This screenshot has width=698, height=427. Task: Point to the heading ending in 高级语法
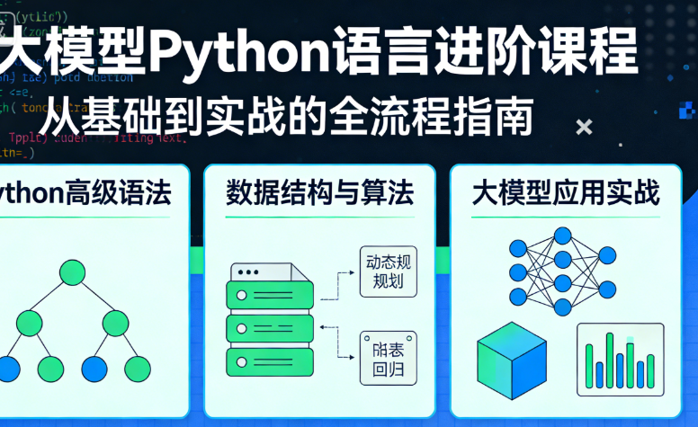click(85, 193)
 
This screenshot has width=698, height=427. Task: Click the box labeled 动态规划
click(389, 272)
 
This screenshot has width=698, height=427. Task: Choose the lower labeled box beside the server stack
click(389, 356)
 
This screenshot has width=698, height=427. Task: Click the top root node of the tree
click(73, 272)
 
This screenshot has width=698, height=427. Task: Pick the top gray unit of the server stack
click(271, 271)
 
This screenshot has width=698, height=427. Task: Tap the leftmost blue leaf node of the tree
click(7, 368)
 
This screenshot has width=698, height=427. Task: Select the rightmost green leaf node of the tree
click(137, 368)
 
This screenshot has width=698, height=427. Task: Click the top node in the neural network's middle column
click(563, 236)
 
